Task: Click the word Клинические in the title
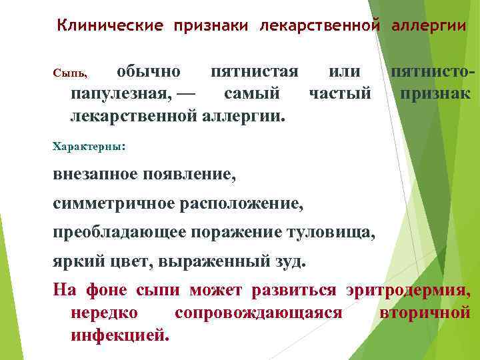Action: point(110,25)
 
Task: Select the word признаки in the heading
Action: point(211,25)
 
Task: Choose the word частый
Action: point(340,93)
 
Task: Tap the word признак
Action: point(435,93)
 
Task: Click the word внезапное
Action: point(95,174)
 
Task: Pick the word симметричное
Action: point(114,203)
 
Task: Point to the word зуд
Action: point(291,260)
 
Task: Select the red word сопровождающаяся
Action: point(258,312)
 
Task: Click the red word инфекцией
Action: point(119,334)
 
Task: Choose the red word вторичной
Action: point(425,312)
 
